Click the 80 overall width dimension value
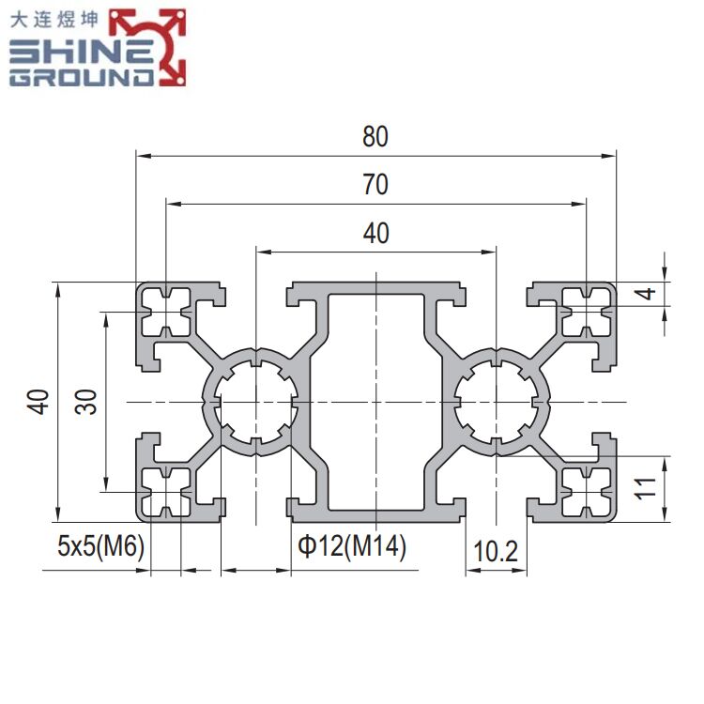pos(375,138)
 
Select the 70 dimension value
pos(375,186)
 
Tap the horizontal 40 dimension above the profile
pos(375,234)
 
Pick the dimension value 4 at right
pos(643,293)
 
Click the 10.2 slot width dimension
pos(495,553)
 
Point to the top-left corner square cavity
pos(166,312)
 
